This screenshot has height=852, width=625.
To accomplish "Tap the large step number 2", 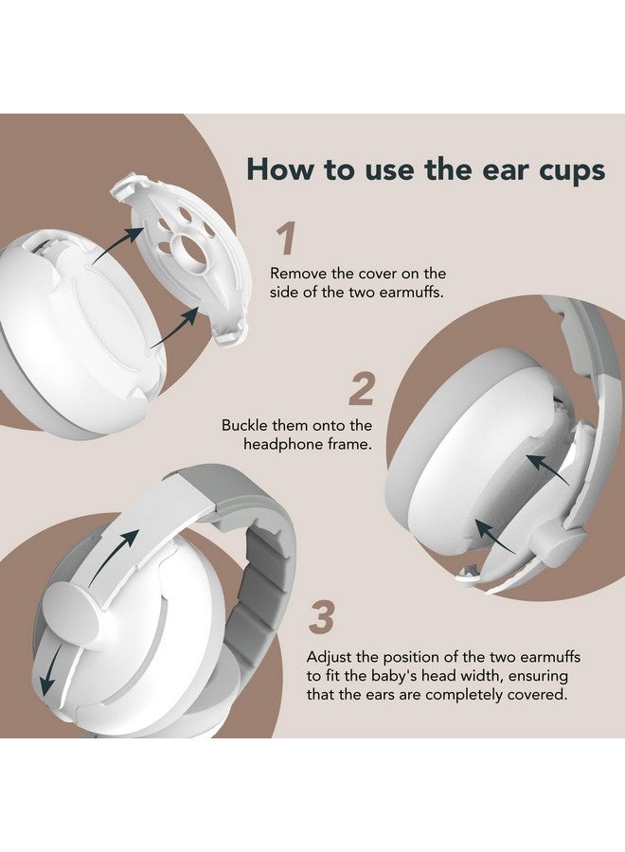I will point(361,389).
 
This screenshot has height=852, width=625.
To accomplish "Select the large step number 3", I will point(322,618).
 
